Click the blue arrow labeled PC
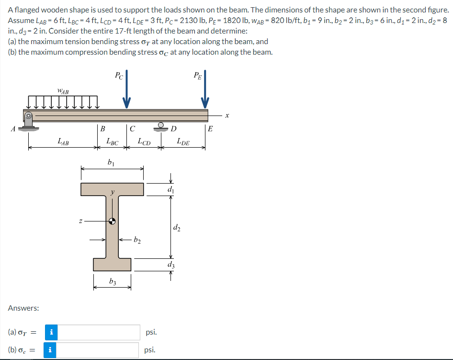[x=126, y=89]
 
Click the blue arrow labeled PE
[x=205, y=89]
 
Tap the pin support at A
[x=28, y=121]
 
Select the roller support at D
[x=161, y=127]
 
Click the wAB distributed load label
[x=63, y=92]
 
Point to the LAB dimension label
[x=63, y=141]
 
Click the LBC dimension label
[x=113, y=141]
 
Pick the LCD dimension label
[x=144, y=141]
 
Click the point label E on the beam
[x=210, y=128]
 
